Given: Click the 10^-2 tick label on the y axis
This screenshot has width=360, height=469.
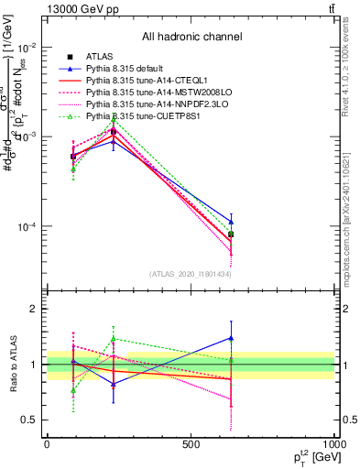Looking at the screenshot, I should pyautogui.click(x=27, y=47).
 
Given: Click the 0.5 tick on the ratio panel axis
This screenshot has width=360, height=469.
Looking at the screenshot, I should pyautogui.click(x=29, y=420).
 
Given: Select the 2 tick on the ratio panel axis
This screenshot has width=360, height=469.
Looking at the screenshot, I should pyautogui.click(x=35, y=309).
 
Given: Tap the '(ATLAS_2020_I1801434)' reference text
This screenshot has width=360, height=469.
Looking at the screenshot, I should pyautogui.click(x=191, y=274).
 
